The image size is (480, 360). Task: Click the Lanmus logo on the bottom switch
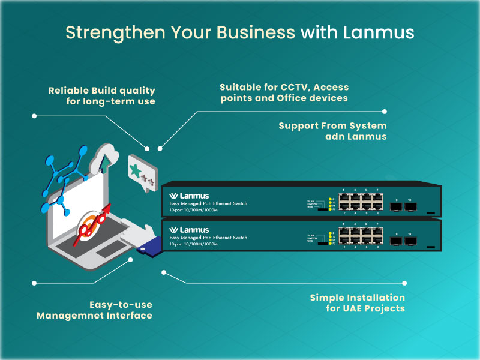click(189, 230)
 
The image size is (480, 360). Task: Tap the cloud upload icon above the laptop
click(104, 159)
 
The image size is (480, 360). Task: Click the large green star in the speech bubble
click(137, 170)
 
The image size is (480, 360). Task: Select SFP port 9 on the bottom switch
click(396, 241)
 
